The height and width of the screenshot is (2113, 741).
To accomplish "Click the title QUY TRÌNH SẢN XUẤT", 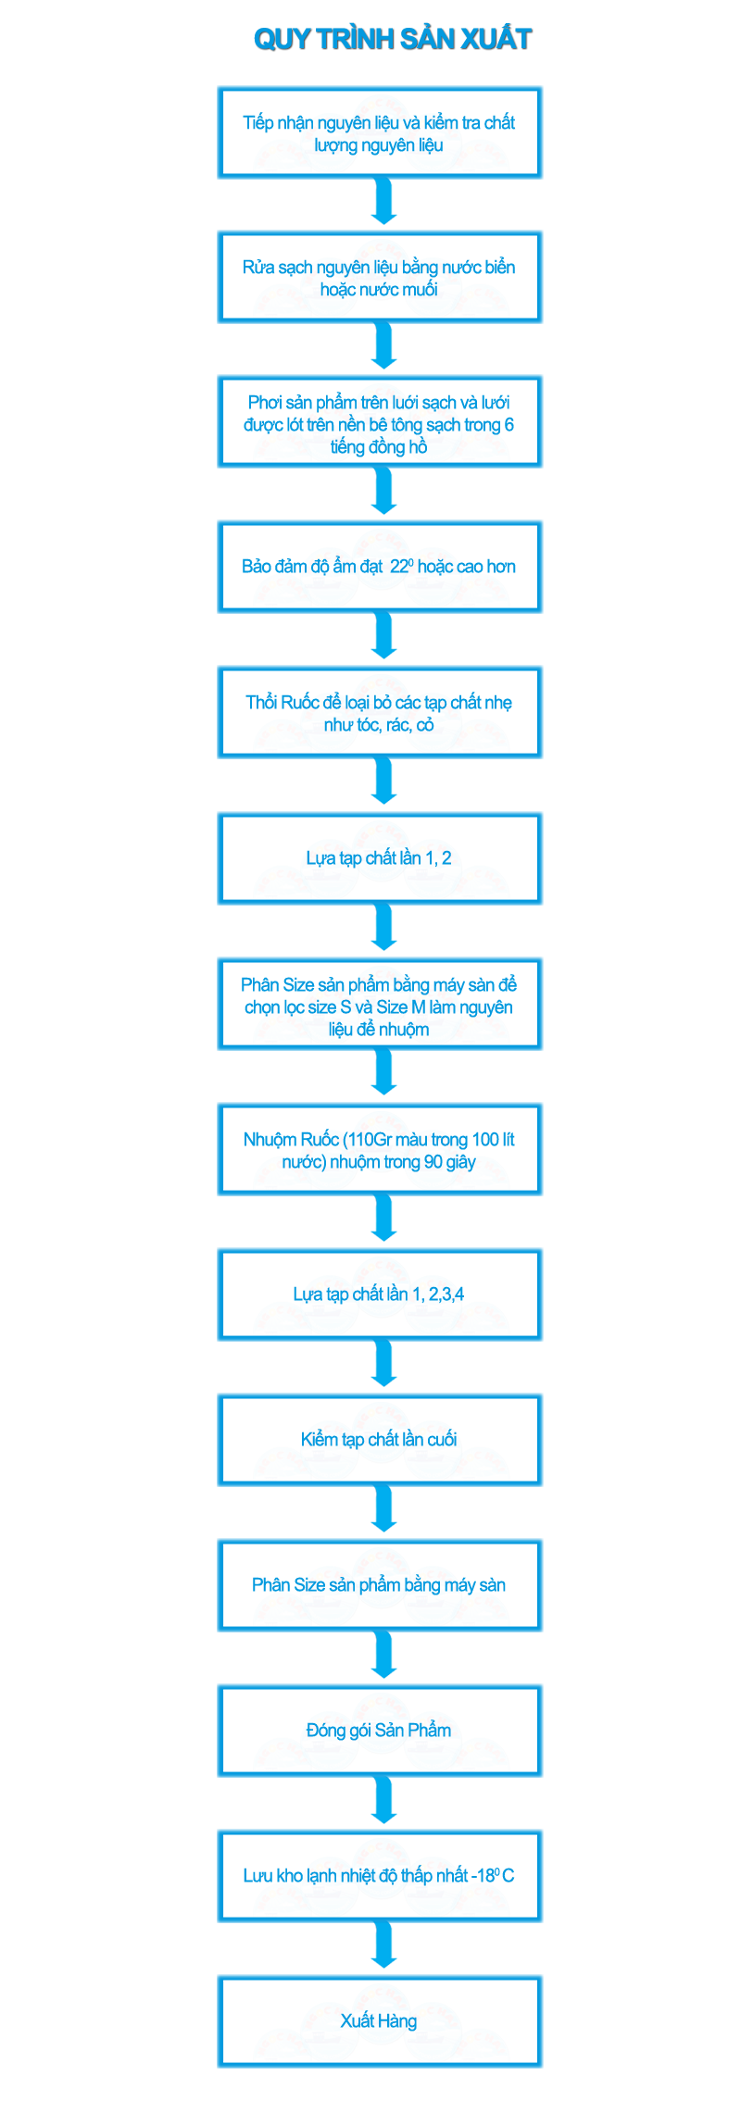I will click(x=394, y=38).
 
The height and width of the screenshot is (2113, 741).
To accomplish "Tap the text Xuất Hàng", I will click(x=381, y=2020).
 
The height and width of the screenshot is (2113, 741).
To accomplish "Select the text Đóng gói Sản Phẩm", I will click(x=381, y=1730).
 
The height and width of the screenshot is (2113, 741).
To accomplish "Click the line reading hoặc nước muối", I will click(x=381, y=290).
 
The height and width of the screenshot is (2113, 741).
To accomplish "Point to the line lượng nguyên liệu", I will click(x=381, y=145).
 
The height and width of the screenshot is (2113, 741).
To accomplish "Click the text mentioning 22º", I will click(x=381, y=566).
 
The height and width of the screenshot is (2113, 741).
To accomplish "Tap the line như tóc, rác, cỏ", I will click(x=381, y=724).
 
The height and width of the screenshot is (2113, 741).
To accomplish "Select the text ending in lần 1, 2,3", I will click(x=381, y=1294).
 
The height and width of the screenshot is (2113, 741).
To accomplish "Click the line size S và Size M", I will click(x=381, y=1006).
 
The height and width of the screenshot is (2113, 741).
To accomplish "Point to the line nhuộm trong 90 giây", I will click(x=381, y=1161).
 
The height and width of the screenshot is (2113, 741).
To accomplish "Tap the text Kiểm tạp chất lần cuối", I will click(x=381, y=1439).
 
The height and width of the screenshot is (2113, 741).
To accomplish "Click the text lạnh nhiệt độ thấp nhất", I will click(x=381, y=1875).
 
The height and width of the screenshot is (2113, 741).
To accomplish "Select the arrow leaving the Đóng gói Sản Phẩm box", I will click(x=381, y=1801).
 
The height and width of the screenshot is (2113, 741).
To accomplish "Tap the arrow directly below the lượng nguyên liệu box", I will click(x=381, y=203).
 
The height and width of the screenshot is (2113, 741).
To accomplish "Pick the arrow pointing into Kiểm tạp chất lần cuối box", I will click(x=381, y=1365).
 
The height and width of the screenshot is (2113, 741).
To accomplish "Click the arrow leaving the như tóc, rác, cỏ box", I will click(x=381, y=782).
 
